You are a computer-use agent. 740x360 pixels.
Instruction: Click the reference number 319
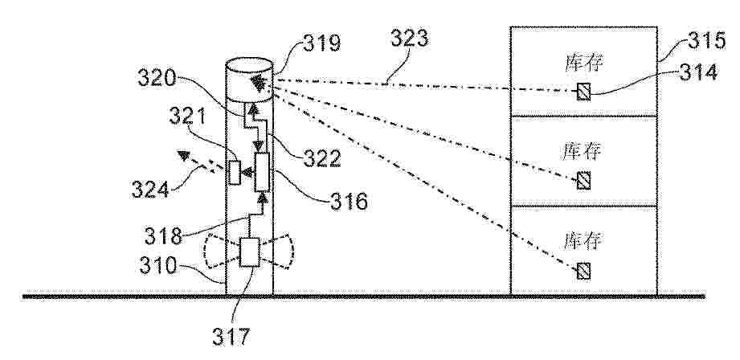point(321,44)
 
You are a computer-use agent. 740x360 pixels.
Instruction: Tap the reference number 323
point(409,39)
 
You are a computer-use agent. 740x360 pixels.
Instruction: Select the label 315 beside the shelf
point(706,41)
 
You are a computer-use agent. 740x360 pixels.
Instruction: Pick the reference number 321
point(187,116)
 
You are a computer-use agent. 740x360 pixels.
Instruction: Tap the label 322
point(321,158)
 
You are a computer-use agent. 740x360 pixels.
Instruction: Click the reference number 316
point(348,202)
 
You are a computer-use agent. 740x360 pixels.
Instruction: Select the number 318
point(163,236)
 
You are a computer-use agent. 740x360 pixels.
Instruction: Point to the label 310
point(158,266)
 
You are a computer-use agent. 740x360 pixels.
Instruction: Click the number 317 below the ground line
point(231,337)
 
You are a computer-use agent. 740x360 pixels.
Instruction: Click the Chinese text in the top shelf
point(584,63)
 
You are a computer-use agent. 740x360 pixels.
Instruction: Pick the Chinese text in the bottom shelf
point(584,240)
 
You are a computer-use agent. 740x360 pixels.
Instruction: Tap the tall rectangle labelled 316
point(262,172)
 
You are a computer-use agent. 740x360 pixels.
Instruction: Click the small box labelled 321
point(234,173)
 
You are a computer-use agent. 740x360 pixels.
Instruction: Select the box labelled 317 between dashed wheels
point(250,252)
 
